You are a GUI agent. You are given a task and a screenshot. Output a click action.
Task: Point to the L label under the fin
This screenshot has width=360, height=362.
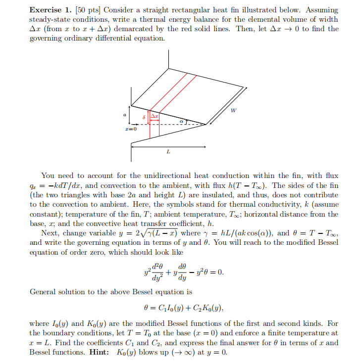(x=168, y=152)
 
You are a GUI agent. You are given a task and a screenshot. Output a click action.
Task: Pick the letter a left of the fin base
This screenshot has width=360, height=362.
(x=125, y=114)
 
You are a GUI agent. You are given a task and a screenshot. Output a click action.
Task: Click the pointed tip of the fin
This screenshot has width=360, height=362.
(x=206, y=124)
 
